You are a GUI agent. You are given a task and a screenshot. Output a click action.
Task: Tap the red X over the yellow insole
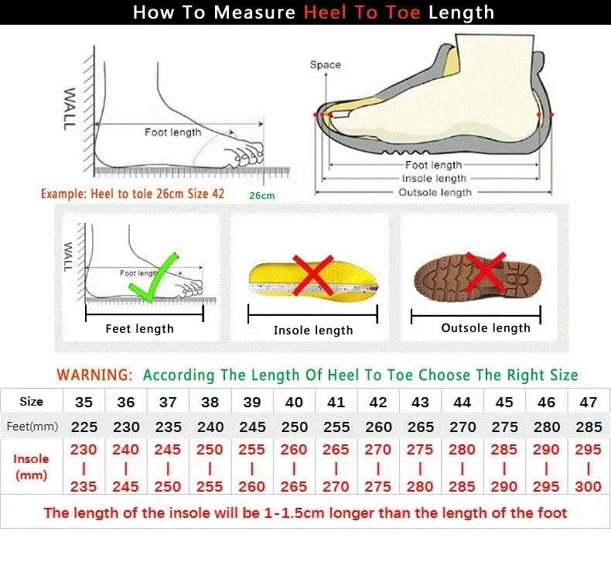[312, 275]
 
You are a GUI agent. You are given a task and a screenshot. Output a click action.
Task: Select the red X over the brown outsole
[486, 273]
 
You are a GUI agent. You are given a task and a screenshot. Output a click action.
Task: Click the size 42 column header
[378, 403]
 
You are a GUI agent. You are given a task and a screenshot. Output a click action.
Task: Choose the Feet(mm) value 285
[589, 427]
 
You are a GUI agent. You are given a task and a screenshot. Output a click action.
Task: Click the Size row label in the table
[31, 402]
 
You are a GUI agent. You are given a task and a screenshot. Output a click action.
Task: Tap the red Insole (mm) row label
[31, 467]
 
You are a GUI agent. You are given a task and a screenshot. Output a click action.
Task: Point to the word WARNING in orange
[94, 375]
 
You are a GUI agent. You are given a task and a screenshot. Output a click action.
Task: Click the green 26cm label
[261, 195]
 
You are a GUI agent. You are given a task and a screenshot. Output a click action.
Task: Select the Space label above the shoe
[325, 65]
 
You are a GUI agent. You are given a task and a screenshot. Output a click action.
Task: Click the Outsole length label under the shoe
[434, 192]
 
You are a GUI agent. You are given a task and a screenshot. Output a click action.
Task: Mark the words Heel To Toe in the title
[363, 12]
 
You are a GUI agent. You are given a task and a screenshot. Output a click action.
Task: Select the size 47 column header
[589, 403]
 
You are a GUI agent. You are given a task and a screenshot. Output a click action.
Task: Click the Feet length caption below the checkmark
[139, 329]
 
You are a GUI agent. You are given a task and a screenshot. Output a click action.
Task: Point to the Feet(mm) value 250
[294, 427]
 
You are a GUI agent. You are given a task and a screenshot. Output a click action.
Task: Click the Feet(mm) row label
[31, 427]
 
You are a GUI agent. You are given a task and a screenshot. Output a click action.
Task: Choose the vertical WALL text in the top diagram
[70, 108]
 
